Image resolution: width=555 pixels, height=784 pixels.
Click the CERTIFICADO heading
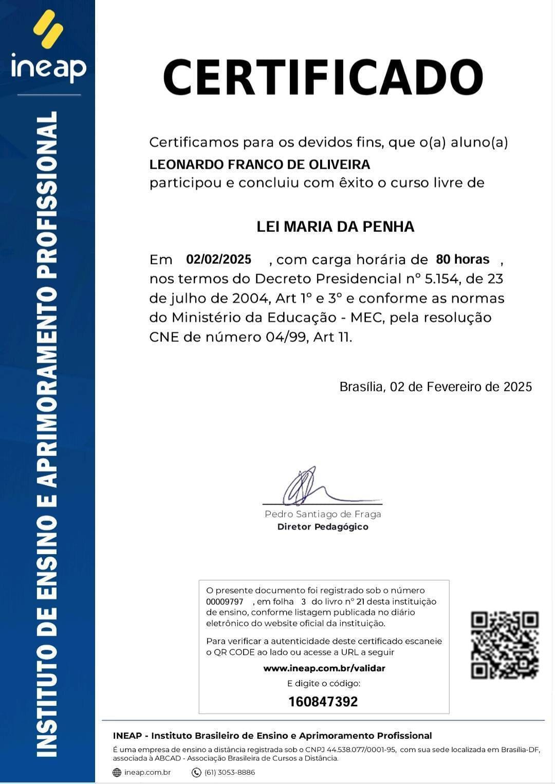323,77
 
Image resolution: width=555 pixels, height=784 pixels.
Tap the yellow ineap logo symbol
48,29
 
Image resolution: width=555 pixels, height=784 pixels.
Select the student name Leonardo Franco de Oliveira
260,165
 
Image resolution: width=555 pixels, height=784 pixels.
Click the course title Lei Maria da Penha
335,227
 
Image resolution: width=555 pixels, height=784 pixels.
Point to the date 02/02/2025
218,259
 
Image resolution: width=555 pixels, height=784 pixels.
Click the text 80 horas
462,259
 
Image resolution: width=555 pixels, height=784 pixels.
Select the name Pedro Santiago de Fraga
323,514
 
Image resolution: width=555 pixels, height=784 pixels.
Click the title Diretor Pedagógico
323,527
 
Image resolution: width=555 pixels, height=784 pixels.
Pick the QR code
505,645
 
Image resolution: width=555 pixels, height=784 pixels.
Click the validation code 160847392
323,702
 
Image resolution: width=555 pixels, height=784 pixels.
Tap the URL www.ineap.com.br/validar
324,668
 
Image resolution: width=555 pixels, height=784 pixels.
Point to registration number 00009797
225,602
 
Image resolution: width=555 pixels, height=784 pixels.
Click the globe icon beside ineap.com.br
117,772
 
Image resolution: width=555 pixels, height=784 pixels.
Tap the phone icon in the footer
196,772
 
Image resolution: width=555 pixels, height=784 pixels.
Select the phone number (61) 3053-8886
230,772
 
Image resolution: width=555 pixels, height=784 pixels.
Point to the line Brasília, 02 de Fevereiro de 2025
435,387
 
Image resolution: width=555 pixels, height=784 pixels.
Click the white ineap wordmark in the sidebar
48,67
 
